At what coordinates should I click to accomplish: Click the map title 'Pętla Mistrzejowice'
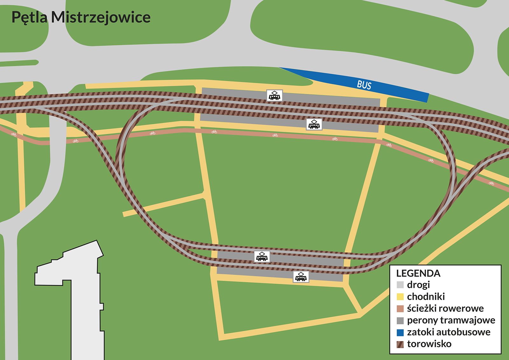[x=81, y=17]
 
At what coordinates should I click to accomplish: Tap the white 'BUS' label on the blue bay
[x=364, y=85]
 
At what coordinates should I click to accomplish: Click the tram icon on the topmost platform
[x=275, y=95]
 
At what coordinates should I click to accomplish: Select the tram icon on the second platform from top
[x=314, y=124]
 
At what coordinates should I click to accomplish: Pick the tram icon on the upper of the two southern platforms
[x=262, y=257]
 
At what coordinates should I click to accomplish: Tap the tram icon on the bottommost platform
[x=301, y=277]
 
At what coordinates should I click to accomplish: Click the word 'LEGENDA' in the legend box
[x=418, y=273]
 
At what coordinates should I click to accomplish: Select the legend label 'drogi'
[x=418, y=285]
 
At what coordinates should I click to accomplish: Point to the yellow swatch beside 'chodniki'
[x=400, y=297]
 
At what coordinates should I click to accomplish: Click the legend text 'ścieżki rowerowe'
[x=445, y=308]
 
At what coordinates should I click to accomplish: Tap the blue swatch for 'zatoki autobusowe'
[x=400, y=333]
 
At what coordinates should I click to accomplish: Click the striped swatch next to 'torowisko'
[x=400, y=344]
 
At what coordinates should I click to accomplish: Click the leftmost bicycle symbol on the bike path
[x=14, y=135]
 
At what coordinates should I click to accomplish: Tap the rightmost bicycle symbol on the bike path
[x=491, y=183]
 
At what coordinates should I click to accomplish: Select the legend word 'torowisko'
[x=429, y=344]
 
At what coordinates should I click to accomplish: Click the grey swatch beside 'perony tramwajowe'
[x=400, y=321]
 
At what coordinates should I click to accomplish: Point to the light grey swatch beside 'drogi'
[x=400, y=285]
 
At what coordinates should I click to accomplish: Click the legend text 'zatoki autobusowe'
[x=449, y=332]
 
